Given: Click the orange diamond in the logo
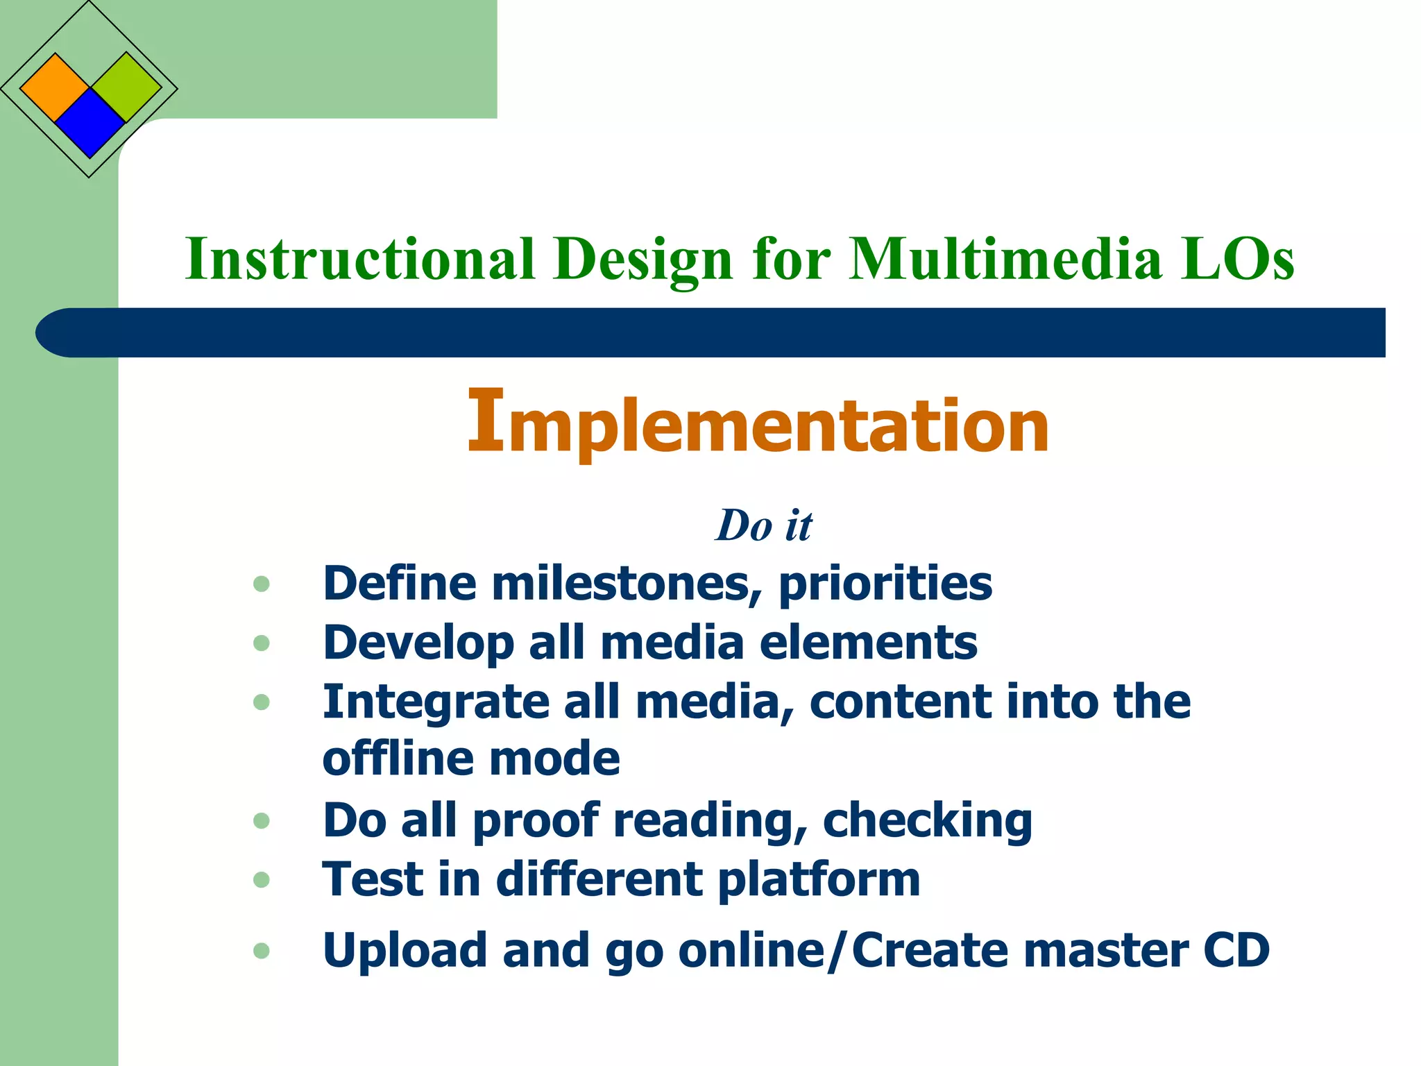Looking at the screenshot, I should [55, 88].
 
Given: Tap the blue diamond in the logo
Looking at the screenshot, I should [90, 124].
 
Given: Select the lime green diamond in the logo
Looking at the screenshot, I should [126, 87].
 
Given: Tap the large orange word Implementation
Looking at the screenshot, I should [758, 423].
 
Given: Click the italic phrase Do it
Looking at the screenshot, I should [763, 525].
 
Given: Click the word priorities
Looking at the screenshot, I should [885, 584].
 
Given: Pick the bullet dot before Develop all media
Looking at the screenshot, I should [262, 643].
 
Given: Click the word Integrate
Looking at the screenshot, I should [436, 703].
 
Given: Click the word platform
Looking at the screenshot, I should [819, 881].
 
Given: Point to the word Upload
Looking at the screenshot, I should [405, 951].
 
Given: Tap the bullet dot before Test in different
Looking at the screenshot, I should [262, 880].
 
